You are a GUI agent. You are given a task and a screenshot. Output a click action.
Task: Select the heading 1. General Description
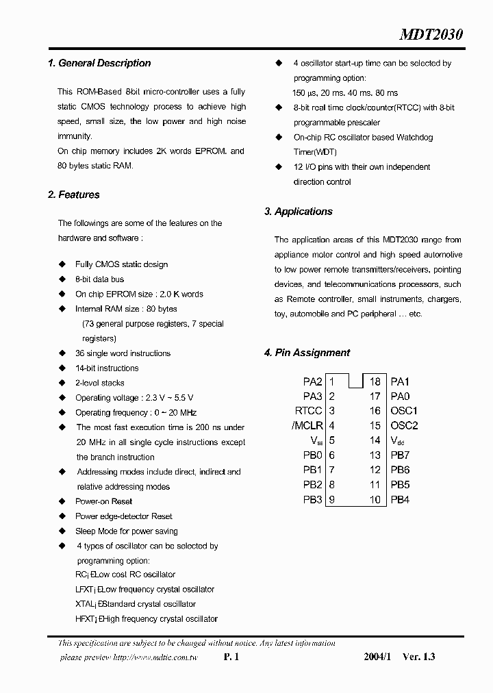[x=99, y=63]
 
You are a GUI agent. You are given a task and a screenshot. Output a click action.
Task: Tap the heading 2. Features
[x=74, y=195]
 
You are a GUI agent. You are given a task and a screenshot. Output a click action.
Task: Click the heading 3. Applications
[x=299, y=212]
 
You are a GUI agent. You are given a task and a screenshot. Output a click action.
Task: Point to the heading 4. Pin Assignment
[x=307, y=353]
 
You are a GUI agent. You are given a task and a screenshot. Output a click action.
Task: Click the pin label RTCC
[x=308, y=411]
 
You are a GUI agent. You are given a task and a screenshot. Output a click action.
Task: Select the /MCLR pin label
[x=307, y=426]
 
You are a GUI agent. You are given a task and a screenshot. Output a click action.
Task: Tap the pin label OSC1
[x=404, y=411]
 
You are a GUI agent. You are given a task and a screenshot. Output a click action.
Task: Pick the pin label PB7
[x=400, y=455]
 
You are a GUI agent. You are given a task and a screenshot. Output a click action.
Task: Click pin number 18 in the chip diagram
[x=375, y=381]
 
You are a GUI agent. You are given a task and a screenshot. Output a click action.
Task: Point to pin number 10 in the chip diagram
[x=375, y=500]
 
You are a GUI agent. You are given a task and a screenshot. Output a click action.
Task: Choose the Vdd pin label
[x=398, y=441]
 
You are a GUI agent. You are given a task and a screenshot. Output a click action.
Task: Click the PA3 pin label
[x=312, y=396]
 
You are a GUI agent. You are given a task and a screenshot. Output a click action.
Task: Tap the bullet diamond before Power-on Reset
[x=62, y=501]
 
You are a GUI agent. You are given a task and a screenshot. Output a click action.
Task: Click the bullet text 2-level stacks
[x=100, y=383]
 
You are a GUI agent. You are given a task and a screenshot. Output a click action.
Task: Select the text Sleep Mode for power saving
[x=126, y=531]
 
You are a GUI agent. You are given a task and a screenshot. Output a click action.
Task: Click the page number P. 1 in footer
[x=231, y=657]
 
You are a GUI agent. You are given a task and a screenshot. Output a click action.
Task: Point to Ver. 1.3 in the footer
[x=418, y=657]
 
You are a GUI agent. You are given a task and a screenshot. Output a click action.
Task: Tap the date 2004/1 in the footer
[x=377, y=657]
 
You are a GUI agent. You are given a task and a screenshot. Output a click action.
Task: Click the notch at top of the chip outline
[x=356, y=380]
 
